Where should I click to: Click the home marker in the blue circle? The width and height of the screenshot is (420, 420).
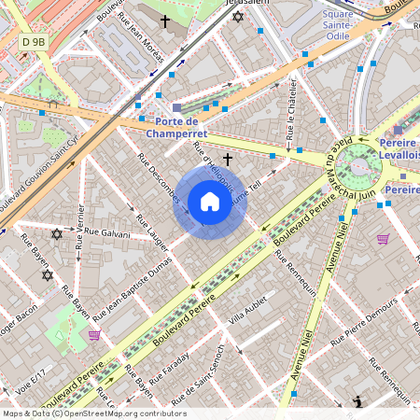(x=209, y=202)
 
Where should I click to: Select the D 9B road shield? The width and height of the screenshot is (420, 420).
(x=34, y=42)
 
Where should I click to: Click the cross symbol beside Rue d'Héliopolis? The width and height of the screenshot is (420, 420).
(x=227, y=160)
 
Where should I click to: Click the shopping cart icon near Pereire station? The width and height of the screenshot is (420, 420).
(x=382, y=239)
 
